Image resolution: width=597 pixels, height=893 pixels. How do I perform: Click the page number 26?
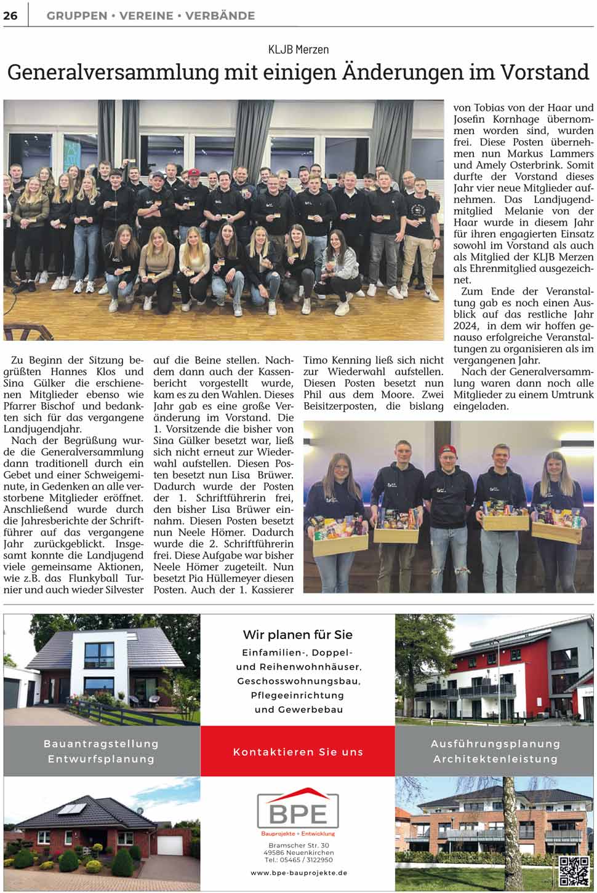click(10, 15)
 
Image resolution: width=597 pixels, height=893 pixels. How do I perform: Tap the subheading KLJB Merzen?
click(298, 49)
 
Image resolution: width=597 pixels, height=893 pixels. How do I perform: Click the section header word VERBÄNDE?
click(220, 16)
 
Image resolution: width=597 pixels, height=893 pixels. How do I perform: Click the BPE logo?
click(298, 812)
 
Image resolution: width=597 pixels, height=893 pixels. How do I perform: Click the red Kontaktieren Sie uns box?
click(298, 752)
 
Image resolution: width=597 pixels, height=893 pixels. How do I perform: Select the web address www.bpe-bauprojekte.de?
click(298, 873)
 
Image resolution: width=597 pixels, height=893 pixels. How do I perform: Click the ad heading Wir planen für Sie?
click(298, 635)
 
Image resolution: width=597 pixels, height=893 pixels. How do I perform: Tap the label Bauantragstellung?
click(101, 744)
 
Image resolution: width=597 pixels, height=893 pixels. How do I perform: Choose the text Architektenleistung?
click(495, 759)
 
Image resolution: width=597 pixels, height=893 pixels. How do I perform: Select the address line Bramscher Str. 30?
click(298, 846)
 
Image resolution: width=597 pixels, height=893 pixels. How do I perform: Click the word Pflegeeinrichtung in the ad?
click(298, 695)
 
